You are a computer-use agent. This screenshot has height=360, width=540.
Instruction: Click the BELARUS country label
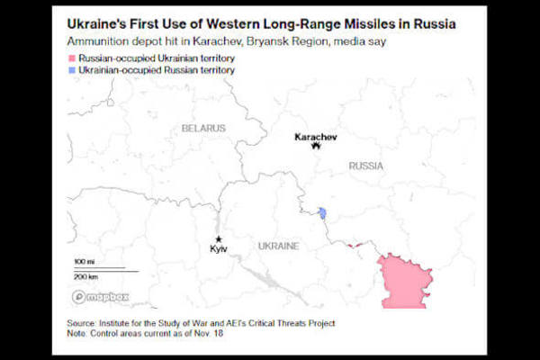pyautogui.click(x=203, y=129)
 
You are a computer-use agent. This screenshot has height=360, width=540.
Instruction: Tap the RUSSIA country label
pyautogui.click(x=365, y=166)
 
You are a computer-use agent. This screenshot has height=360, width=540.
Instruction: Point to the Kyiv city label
pyautogui.click(x=219, y=247)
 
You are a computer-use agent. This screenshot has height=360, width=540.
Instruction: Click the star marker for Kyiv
pyautogui.click(x=219, y=238)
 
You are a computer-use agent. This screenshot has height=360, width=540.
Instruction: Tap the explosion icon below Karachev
pyautogui.click(x=315, y=148)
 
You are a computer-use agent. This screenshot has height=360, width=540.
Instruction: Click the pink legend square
pyautogui.click(x=71, y=58)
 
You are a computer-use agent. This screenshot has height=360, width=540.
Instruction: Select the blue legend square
pyautogui.click(x=71, y=69)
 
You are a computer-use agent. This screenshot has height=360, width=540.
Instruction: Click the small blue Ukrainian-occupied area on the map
pyautogui.click(x=321, y=213)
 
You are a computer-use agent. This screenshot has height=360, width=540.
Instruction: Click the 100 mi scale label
pyautogui.click(x=85, y=261)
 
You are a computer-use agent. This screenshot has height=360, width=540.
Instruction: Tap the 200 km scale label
pyautogui.click(x=86, y=276)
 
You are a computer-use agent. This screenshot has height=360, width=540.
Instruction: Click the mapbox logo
pyautogui.click(x=100, y=297)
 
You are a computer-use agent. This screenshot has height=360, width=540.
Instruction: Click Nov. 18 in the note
pyautogui.click(x=205, y=334)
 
